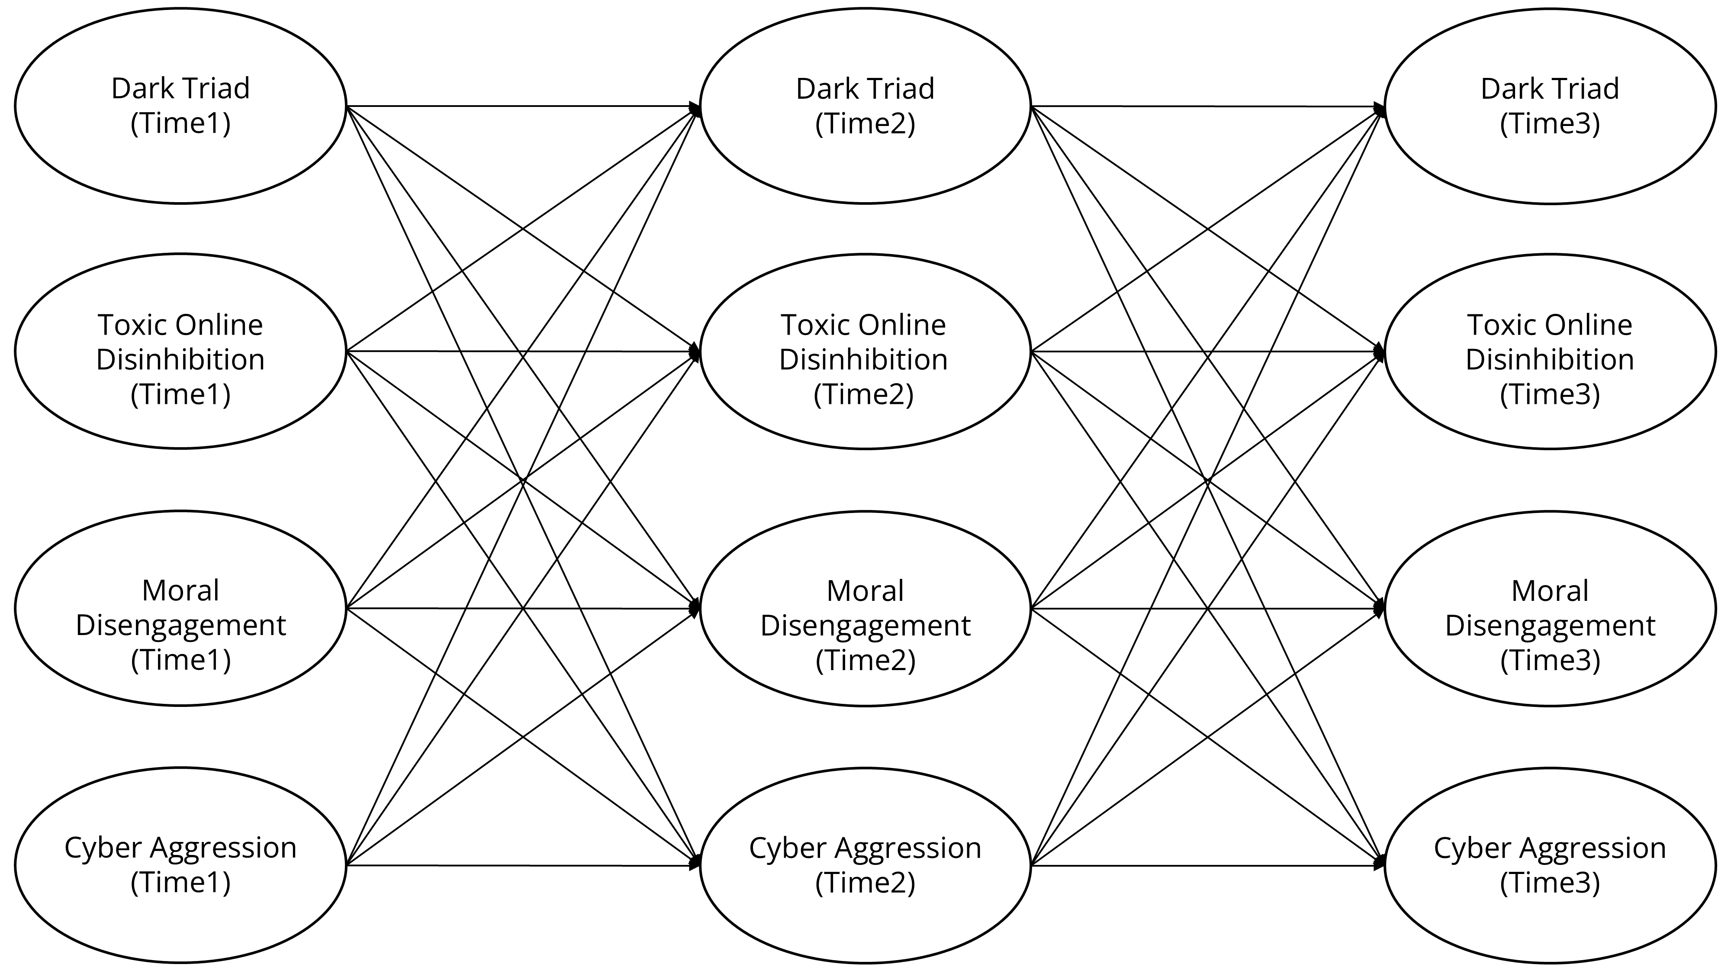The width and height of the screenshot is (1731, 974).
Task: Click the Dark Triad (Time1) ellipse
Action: pyautogui.click(x=180, y=106)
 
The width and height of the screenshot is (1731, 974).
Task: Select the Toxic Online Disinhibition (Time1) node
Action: pyautogui.click(x=180, y=351)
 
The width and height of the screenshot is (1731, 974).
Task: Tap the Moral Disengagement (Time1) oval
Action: pyautogui.click(x=180, y=608)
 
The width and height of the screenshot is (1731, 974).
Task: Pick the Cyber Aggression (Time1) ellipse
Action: pyautogui.click(x=180, y=865)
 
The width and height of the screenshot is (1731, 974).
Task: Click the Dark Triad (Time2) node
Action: pyautogui.click(x=865, y=106)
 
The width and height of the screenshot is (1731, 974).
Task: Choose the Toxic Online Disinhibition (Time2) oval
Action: pyautogui.click(x=865, y=351)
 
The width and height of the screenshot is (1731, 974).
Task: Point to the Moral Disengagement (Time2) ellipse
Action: pyautogui.click(x=865, y=608)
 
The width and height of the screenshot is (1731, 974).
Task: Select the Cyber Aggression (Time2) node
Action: pyautogui.click(x=865, y=865)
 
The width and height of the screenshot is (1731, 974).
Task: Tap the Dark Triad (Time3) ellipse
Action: pyautogui.click(x=1550, y=106)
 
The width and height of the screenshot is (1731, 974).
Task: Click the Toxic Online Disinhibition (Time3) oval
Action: pyautogui.click(x=1550, y=351)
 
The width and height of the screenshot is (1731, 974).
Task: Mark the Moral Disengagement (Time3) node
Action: pyautogui.click(x=1550, y=608)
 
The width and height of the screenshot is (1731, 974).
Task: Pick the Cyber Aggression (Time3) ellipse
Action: pyautogui.click(x=1550, y=865)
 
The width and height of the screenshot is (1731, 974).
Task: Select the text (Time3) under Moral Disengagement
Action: pyautogui.click(x=1550, y=660)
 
